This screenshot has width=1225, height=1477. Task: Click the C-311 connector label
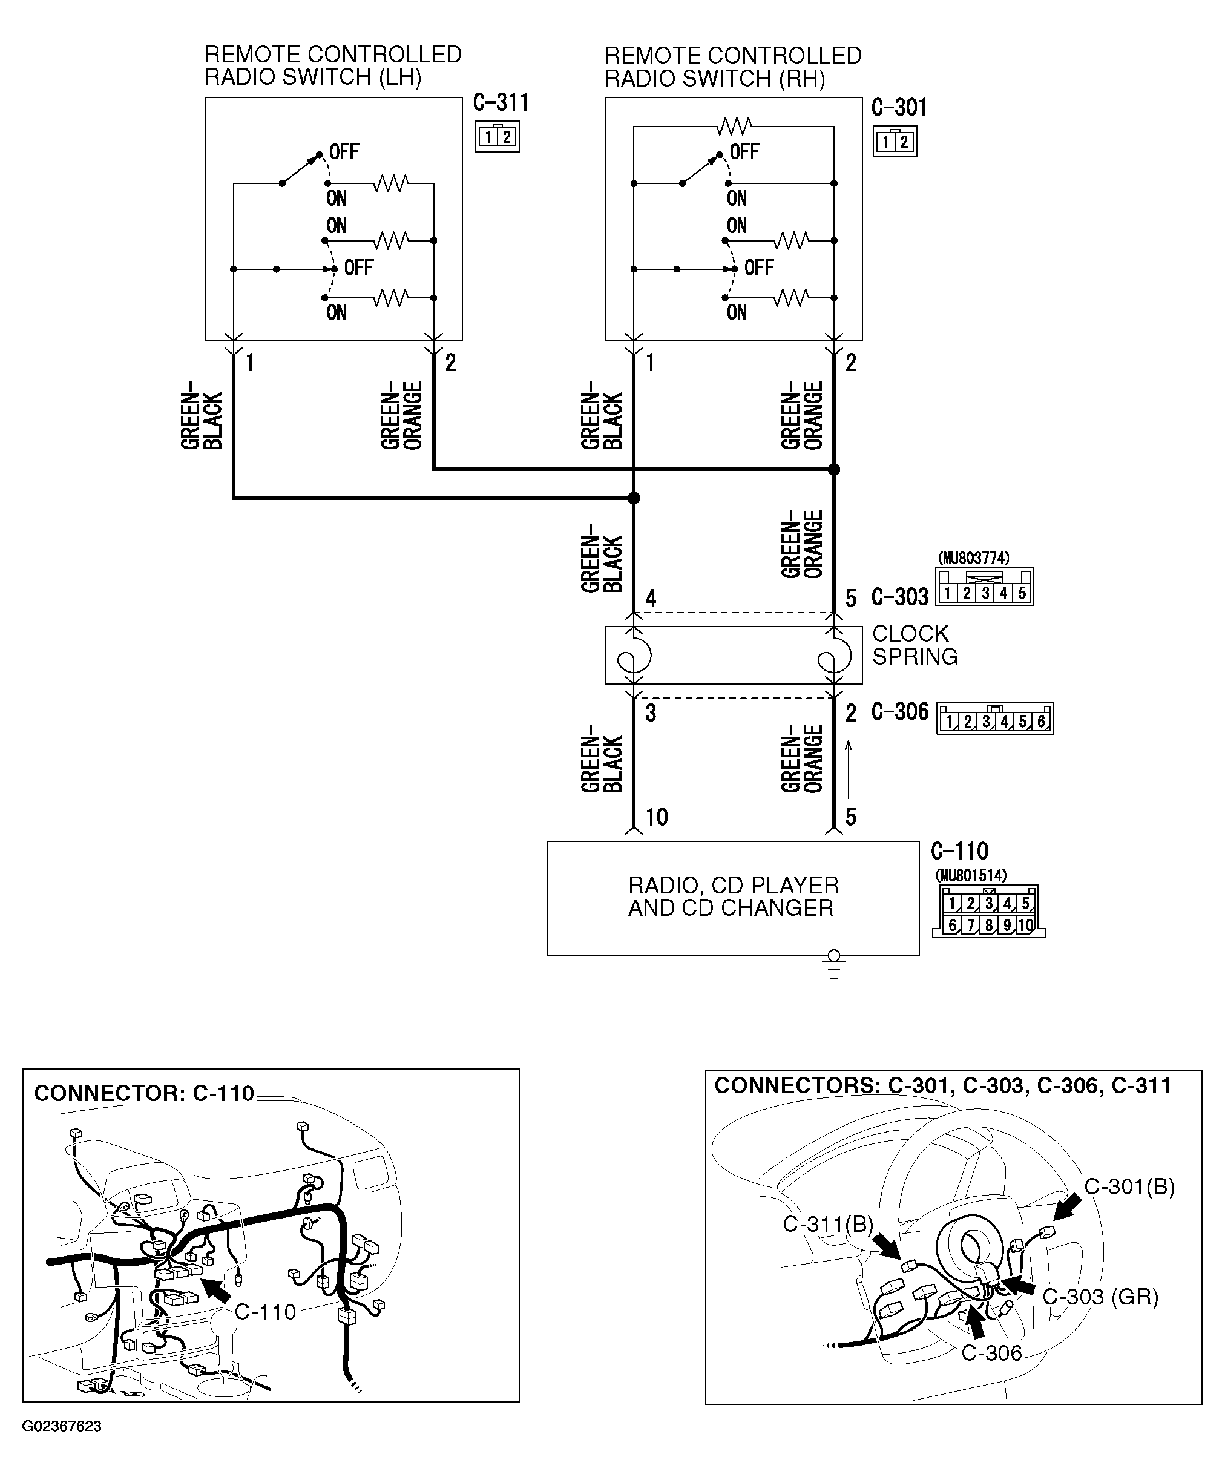[501, 104]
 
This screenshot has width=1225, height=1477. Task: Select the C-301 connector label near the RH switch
[899, 108]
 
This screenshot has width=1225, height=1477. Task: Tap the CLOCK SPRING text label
[914, 645]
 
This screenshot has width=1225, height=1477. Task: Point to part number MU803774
[973, 558]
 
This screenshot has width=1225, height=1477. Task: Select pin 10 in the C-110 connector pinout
[1025, 926]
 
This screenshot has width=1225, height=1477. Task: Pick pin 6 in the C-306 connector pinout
[1042, 722]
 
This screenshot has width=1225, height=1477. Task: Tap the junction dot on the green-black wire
[634, 498]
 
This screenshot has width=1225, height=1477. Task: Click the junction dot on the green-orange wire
[834, 469]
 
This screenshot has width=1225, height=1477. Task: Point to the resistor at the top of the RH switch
[734, 127]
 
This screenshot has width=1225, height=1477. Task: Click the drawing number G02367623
[62, 1426]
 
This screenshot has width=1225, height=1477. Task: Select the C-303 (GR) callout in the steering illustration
[1100, 1296]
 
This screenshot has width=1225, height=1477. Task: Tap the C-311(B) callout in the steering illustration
[828, 1224]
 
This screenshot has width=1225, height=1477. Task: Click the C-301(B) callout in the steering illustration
[1129, 1186]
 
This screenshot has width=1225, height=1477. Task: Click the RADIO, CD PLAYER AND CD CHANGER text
[733, 896]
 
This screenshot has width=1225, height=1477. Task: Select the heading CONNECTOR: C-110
[144, 1093]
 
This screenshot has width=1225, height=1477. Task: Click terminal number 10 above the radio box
[657, 817]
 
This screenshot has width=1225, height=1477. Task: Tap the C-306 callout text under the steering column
[991, 1352]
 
